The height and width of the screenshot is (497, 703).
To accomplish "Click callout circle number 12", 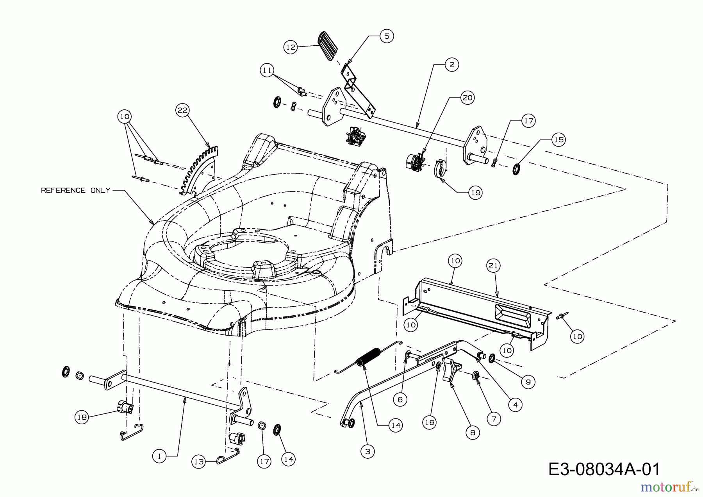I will pos(290,47).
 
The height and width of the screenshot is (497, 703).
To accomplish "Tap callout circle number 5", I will pos(386,36).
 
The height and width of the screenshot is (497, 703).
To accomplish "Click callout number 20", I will pos(467,97).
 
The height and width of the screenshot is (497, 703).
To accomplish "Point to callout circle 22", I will pos(182,111).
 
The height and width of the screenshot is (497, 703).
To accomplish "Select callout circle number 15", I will pos(559,140).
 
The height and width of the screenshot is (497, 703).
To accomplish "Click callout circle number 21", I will pos(493,266).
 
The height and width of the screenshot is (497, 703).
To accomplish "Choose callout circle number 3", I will pos(367,452).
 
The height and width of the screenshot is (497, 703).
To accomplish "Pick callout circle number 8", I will pos(473,433).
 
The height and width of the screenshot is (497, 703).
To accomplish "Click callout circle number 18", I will pos(82,417).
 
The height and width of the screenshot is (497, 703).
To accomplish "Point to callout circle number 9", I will pos(528,382).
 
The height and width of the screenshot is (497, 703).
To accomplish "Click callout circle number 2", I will pos(451,64).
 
